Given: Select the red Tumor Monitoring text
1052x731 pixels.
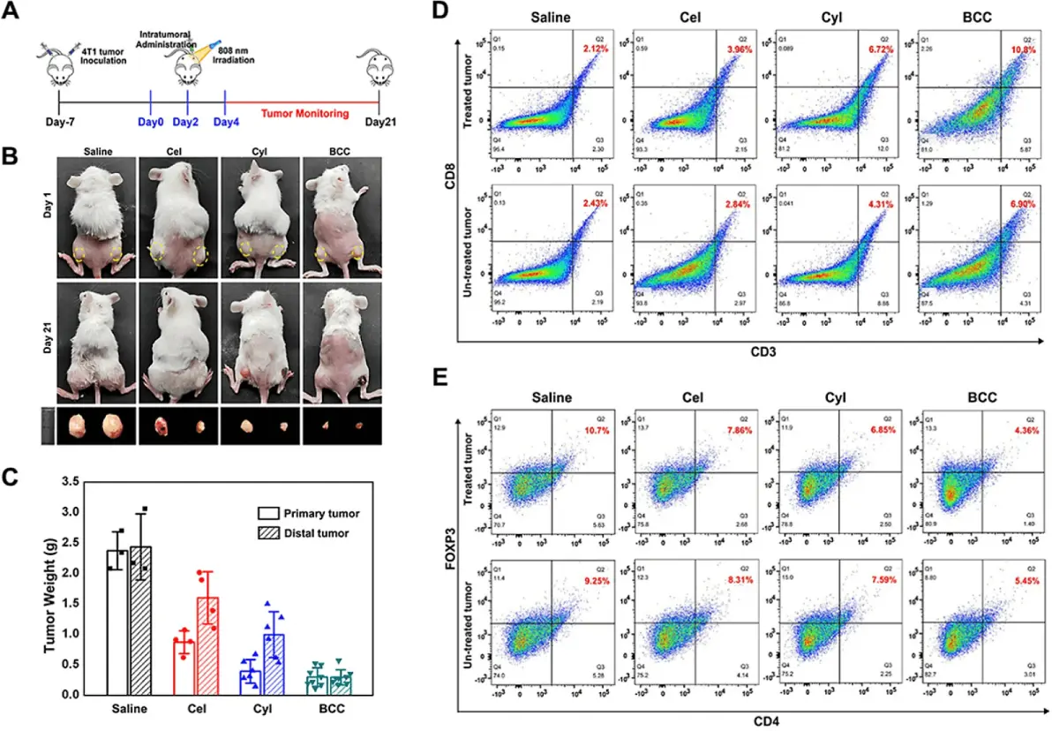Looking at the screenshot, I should coord(305,114).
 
